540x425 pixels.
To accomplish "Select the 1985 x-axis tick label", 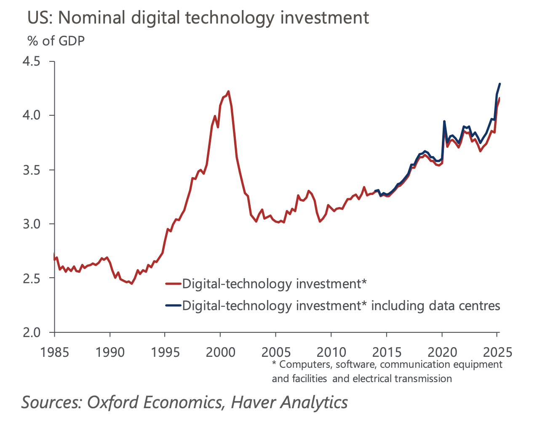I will coord(55,352).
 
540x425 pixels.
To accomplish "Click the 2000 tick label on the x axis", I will coord(220,352).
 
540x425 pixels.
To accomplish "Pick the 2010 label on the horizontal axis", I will coord(331,352).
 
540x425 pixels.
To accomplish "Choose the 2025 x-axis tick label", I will coord(497,352).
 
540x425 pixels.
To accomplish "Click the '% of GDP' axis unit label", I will coord(56,41).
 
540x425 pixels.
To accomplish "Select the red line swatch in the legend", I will coord(173,284).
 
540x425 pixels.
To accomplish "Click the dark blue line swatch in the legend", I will coord(173,305).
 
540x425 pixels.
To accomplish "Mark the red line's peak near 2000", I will coord(228,91).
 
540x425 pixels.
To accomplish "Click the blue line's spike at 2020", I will coord(444,121).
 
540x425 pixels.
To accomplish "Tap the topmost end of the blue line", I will coord(500,84).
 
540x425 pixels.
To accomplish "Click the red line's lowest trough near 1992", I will coord(131,284).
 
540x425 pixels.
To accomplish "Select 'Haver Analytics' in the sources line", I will coord(289,402).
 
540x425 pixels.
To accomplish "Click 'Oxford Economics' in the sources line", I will coord(155,402).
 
